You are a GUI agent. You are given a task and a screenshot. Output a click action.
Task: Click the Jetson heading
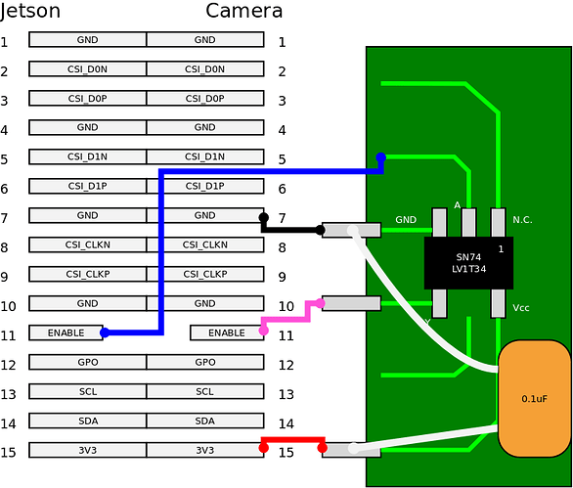point(30,12)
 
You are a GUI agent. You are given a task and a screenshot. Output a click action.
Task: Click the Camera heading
point(244,12)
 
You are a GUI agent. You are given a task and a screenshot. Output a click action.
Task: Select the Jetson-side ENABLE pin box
point(66,333)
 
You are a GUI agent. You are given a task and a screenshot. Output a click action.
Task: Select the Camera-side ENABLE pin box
point(227,333)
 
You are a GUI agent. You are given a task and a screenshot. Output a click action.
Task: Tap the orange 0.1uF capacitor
point(534,398)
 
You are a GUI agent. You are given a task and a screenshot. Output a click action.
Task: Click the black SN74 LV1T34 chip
point(468,262)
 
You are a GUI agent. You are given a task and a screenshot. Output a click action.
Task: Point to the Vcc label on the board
point(522,308)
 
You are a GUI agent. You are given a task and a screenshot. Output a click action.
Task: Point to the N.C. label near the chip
point(522,220)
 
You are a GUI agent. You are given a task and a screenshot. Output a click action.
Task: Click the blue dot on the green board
point(381,157)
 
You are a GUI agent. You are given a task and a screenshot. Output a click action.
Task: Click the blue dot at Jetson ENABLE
point(105,333)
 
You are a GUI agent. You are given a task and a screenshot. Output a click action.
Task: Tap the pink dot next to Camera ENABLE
point(263,331)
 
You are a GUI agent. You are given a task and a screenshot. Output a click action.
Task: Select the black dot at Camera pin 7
point(263,217)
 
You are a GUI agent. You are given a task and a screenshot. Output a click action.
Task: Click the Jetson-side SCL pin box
point(87,391)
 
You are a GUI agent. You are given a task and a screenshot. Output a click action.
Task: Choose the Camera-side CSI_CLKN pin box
point(205,244)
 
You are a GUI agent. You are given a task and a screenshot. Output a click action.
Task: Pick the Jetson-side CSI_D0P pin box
point(87,98)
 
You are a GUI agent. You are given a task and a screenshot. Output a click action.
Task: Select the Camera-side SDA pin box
point(205,421)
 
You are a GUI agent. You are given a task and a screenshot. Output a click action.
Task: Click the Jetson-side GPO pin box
point(87,362)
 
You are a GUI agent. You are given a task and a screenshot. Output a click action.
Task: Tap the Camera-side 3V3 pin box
point(205,450)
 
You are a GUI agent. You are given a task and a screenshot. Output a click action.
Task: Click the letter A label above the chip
point(457,205)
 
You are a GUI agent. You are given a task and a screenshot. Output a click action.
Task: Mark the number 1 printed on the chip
point(501,249)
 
